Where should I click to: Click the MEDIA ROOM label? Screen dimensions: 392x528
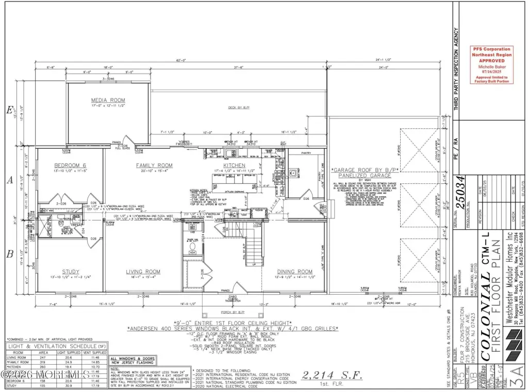(x=108, y=100)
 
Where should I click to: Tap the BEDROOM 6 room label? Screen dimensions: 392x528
(x=70, y=165)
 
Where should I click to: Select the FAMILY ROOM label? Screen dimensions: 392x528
(x=154, y=165)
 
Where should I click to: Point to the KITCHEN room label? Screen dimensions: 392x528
(x=234, y=165)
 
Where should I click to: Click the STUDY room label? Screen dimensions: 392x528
(x=71, y=271)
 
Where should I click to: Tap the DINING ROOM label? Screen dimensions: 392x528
(x=294, y=271)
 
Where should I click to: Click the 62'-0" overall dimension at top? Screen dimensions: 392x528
(x=180, y=61)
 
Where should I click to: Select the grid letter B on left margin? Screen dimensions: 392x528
(x=8, y=253)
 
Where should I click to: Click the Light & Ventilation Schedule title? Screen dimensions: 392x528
(x=51, y=348)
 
